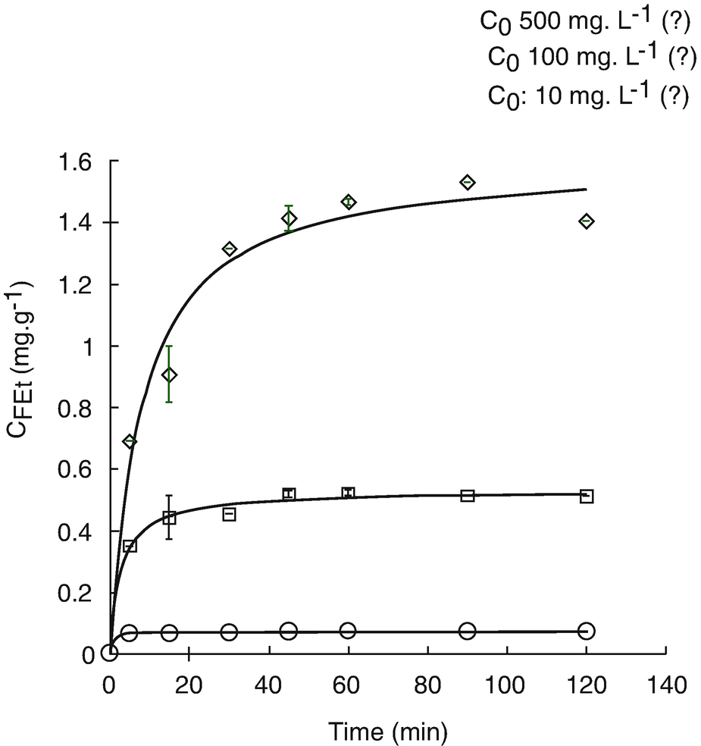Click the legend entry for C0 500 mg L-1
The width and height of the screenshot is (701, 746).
tap(585, 23)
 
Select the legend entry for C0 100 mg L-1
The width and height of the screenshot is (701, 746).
tap(590, 58)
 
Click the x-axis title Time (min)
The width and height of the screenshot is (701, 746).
tap(387, 731)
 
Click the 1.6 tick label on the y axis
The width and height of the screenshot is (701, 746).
tap(76, 161)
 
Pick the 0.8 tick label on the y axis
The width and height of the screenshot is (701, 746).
tap(76, 408)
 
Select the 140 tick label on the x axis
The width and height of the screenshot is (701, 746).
tap(665, 685)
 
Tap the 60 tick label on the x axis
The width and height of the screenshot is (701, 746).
tap(348, 685)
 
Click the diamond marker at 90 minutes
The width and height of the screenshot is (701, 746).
tap(468, 182)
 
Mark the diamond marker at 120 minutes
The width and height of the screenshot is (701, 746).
tap(587, 221)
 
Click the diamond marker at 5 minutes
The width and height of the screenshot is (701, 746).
tap(130, 441)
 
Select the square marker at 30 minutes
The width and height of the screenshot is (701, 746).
tap(229, 514)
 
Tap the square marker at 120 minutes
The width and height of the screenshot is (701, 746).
tap(587, 496)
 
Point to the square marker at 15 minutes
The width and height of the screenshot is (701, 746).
tap(169, 518)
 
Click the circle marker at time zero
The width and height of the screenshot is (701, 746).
tap(110, 653)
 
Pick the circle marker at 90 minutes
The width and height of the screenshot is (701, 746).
tap(468, 631)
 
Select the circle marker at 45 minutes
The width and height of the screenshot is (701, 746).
tap(288, 631)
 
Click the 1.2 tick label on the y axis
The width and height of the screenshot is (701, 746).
tap(76, 285)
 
